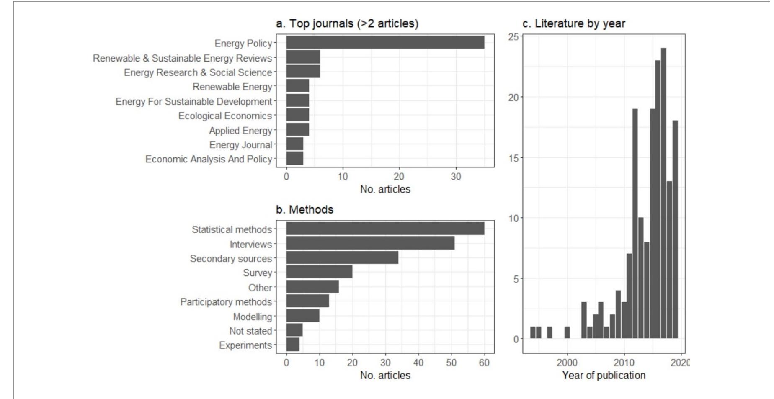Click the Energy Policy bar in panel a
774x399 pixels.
385,42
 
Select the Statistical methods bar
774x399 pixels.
385,229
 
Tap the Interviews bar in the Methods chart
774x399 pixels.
370,243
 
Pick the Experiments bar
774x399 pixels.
293,345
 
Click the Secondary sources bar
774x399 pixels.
342,257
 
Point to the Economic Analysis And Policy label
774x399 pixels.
209,159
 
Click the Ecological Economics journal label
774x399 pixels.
225,116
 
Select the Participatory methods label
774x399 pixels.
226,302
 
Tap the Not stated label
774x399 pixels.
250,331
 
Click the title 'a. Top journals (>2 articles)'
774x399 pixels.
347,23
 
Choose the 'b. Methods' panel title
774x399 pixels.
304,209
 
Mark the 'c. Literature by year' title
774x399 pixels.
574,23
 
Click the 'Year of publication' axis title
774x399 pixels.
604,375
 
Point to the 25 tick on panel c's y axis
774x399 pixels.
513,37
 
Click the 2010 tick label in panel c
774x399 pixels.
624,363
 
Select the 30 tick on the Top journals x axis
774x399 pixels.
456,177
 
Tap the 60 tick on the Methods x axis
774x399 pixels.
484,363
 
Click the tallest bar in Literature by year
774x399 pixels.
663,193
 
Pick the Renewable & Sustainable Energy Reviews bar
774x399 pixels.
303,57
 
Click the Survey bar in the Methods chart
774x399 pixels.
319,272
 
